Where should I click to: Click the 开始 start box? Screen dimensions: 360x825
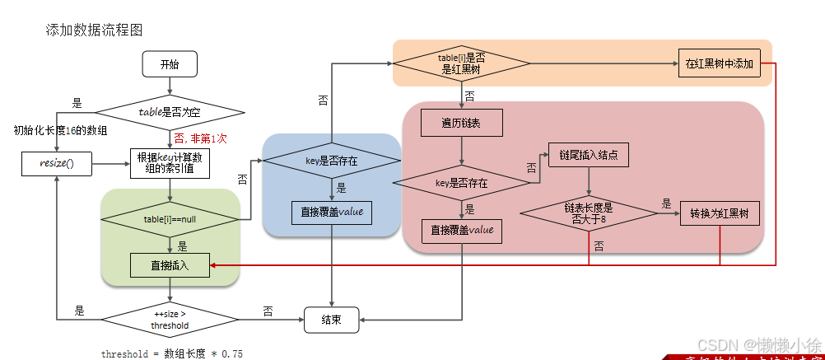[170, 63]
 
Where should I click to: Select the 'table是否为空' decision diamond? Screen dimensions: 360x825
[170, 111]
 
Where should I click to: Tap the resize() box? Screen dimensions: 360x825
[57, 163]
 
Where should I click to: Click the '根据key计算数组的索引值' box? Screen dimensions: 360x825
[170, 163]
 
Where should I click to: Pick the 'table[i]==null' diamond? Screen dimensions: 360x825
[170, 219]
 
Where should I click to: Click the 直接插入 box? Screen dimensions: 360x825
[170, 265]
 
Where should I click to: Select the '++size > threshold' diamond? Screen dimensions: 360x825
[170, 319]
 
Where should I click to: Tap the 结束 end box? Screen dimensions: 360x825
[331, 320]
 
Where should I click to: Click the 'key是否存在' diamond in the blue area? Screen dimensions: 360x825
[331, 161]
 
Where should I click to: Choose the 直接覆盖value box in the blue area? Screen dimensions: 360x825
[331, 213]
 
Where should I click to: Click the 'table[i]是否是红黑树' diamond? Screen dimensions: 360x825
[461, 63]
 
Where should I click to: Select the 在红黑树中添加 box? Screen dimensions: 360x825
[719, 63]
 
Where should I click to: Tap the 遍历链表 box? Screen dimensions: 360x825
[461, 124]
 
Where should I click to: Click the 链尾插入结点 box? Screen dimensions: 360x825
[589, 155]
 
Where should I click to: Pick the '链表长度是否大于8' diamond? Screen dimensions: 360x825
[589, 213]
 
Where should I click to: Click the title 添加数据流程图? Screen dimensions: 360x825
[95, 30]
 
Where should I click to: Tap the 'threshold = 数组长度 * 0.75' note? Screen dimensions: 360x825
[172, 353]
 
